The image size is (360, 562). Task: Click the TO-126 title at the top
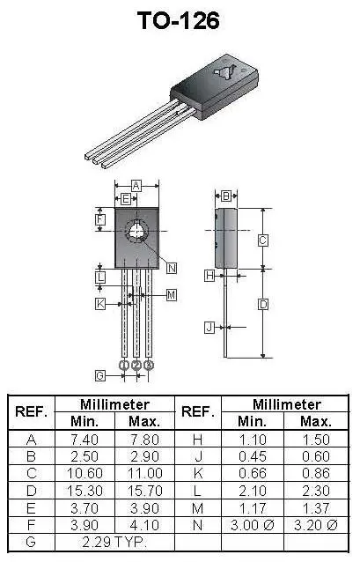179,21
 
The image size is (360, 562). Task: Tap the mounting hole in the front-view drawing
136,233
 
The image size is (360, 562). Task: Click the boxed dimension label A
136,185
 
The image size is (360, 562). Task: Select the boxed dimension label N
172,268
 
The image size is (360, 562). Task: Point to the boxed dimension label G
100,376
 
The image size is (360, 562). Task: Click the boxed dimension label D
262,305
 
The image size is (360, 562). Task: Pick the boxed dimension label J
209,328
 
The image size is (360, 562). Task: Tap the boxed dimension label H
209,275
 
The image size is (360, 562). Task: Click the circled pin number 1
124,365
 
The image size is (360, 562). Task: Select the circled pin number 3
149,365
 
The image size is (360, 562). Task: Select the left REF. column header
32,412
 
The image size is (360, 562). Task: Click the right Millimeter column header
287,404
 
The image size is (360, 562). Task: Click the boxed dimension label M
172,294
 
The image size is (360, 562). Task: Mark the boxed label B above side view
226,196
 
